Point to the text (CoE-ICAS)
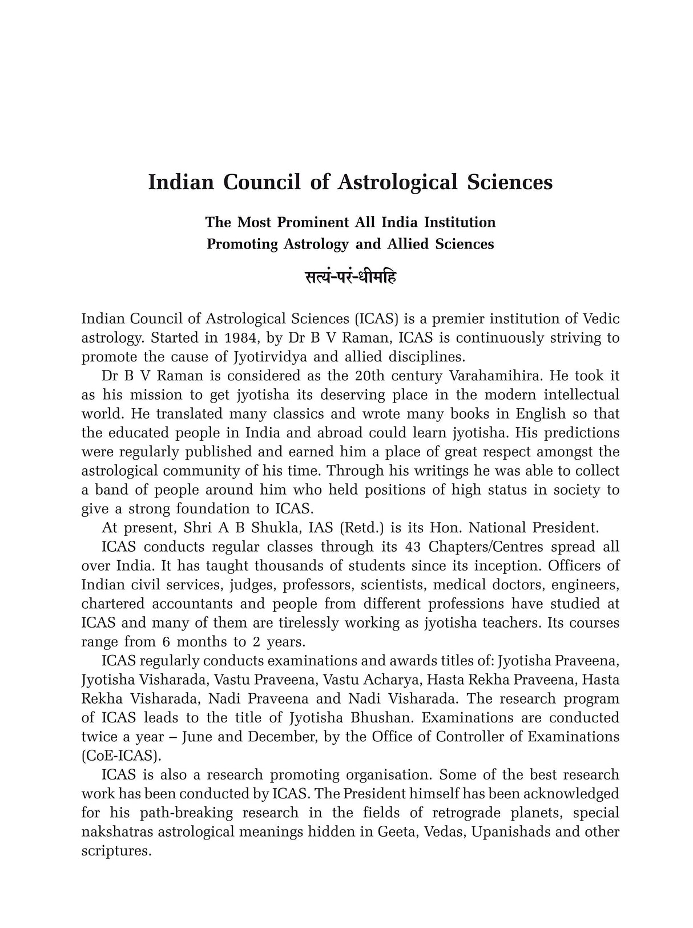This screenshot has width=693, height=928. click(x=121, y=756)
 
